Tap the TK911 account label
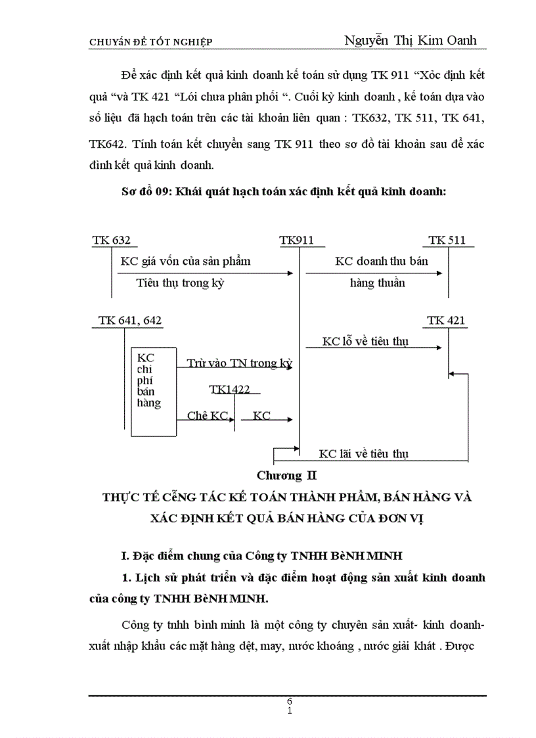297,241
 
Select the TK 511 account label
447,241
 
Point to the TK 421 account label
447,321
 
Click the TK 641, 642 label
130,321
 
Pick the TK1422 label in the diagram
230,389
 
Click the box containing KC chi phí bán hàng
153,391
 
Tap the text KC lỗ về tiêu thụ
365,342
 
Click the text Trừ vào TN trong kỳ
239,363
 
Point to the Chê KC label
207,416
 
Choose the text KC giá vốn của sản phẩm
185,261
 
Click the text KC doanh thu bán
382,261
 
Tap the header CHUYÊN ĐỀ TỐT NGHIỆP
150,42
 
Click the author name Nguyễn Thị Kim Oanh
411,40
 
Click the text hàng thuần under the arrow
378,283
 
